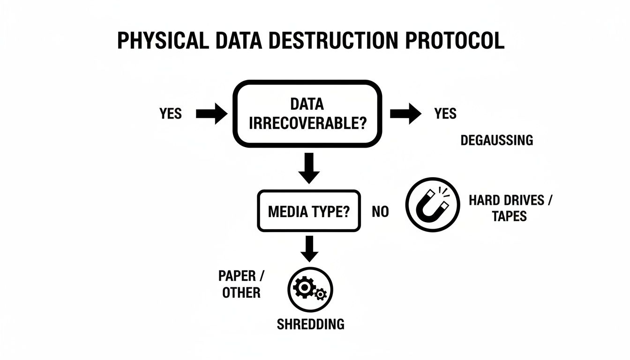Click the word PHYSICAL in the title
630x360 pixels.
coord(162,41)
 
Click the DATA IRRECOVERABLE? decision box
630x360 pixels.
coord(307,113)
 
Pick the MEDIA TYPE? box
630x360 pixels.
coord(309,211)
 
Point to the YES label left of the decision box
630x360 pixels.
coord(170,113)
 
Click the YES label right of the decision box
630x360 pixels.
coord(445,113)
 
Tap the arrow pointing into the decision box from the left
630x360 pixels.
coord(211,114)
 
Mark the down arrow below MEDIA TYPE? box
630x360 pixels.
coord(309,248)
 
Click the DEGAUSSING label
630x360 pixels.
coord(496,140)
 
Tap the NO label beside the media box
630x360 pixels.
coord(380,212)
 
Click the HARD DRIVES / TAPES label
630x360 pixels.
coord(510,208)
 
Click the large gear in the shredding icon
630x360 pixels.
coord(303,287)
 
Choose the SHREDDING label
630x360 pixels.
coord(310,324)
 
